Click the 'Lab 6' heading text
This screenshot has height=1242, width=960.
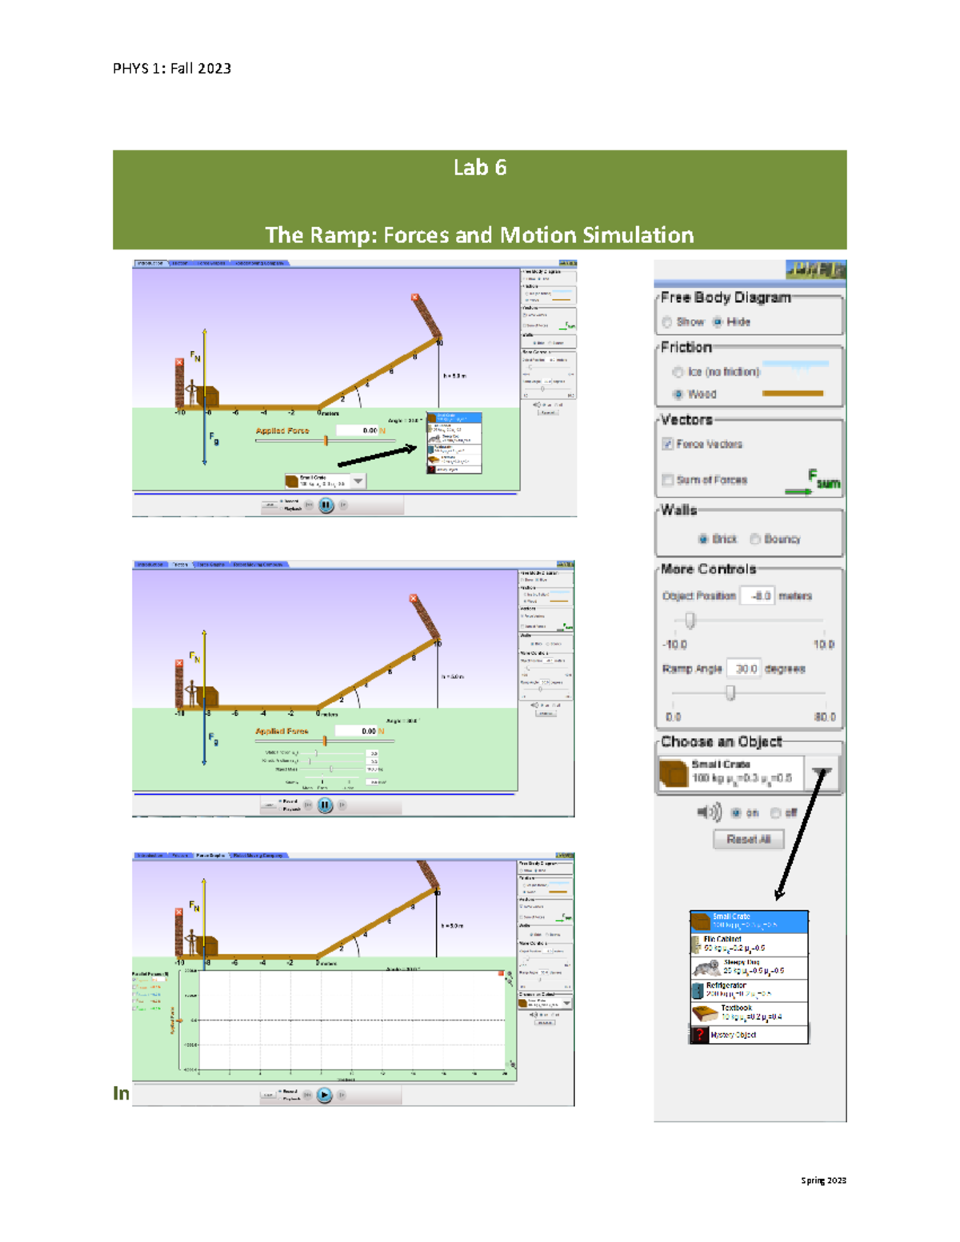click(x=479, y=168)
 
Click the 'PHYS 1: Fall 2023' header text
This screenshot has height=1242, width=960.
click(x=172, y=69)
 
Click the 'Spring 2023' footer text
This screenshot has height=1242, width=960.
click(x=823, y=1180)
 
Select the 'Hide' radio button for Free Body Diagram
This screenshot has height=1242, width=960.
click(x=718, y=322)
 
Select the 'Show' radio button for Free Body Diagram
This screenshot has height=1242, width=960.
click(x=667, y=322)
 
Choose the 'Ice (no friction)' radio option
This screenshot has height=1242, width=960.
click(x=678, y=372)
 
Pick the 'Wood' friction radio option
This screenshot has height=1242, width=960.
click(x=678, y=394)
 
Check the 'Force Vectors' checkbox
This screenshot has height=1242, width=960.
click(x=667, y=444)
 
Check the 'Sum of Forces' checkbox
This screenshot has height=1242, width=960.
click(x=667, y=480)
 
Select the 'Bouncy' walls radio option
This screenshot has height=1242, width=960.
click(x=754, y=539)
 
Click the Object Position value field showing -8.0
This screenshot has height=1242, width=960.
click(x=757, y=596)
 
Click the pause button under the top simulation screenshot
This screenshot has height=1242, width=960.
click(x=326, y=505)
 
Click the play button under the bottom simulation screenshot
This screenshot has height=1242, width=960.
click(x=324, y=1095)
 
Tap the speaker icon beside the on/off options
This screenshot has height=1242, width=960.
click(x=709, y=813)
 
